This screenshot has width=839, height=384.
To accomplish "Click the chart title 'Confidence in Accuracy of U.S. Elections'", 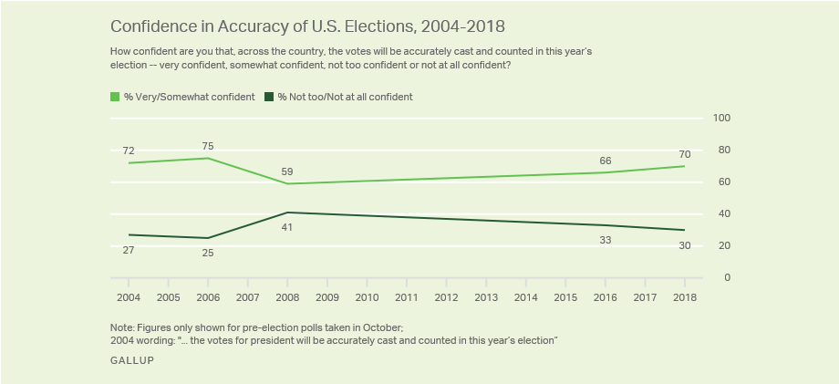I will click(307, 25).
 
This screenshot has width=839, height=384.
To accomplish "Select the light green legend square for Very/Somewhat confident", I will click(115, 97).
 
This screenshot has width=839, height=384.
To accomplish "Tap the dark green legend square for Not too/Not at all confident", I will click(269, 97).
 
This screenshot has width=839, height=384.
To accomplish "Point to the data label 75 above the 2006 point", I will click(208, 144).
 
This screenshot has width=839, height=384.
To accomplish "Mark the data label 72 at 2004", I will click(129, 150).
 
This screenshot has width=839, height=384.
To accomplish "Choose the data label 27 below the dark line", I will click(129, 248).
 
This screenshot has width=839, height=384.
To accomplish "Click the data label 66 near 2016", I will click(605, 160).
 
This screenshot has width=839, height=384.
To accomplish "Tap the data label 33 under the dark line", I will click(605, 239).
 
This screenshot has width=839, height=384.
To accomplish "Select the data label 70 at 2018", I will click(684, 153).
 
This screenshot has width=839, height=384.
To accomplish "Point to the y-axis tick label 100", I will click(721, 118).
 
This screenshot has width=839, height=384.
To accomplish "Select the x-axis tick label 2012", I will click(446, 297).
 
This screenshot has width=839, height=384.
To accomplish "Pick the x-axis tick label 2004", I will click(129, 297).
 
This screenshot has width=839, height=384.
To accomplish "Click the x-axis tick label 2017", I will click(645, 297).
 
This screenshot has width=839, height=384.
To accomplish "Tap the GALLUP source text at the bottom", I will click(131, 360).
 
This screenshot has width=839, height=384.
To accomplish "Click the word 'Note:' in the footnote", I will click(123, 327).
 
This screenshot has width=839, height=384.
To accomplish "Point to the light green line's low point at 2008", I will click(287, 183).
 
